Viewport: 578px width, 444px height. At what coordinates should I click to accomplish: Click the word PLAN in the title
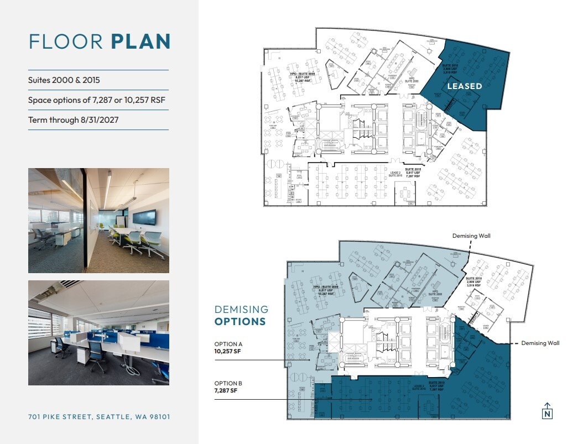[x=140, y=42]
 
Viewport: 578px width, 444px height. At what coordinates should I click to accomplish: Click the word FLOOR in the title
[x=67, y=42]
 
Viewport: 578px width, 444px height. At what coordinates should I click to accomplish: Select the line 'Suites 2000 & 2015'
[x=64, y=80]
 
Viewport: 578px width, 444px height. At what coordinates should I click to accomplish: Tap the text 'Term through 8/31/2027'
[x=74, y=120]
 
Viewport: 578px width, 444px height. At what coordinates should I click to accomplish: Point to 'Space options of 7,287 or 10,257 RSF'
[x=97, y=100]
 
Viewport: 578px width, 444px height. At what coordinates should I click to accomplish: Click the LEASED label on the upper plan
[x=464, y=86]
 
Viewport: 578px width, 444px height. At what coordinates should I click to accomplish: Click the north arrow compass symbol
[x=547, y=410]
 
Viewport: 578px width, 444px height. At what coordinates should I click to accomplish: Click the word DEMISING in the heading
[x=241, y=310]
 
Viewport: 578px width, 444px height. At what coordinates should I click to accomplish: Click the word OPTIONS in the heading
[x=240, y=322]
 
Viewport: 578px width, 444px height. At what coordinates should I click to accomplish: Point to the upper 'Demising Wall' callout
[x=471, y=236]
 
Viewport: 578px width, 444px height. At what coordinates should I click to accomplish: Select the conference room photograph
[x=98, y=221]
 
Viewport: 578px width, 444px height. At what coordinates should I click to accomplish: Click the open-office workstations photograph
[x=98, y=332]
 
